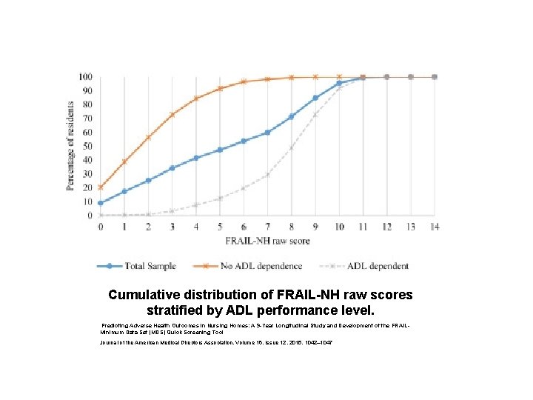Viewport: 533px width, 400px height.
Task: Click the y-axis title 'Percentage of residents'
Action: point(71,146)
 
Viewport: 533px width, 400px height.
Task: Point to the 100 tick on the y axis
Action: point(85,77)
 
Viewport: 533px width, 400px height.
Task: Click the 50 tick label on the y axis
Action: point(87,147)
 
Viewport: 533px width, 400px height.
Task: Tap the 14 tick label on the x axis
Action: point(435,226)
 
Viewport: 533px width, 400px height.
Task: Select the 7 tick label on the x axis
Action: point(267,226)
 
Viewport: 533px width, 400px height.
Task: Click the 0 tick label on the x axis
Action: point(101,226)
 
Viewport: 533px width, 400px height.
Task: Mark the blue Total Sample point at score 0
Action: point(101,203)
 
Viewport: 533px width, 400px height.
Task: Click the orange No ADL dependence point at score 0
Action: point(101,187)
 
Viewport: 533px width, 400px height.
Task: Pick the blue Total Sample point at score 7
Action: point(267,133)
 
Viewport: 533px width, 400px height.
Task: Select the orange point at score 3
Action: point(172,115)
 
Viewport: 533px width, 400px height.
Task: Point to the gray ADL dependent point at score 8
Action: point(291,148)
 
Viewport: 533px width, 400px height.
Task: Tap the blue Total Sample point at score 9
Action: point(315,98)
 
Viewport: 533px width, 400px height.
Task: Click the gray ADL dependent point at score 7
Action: point(267,176)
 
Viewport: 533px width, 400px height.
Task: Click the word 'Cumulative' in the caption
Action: point(142,295)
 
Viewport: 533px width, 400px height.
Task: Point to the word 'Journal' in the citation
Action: point(111,342)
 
